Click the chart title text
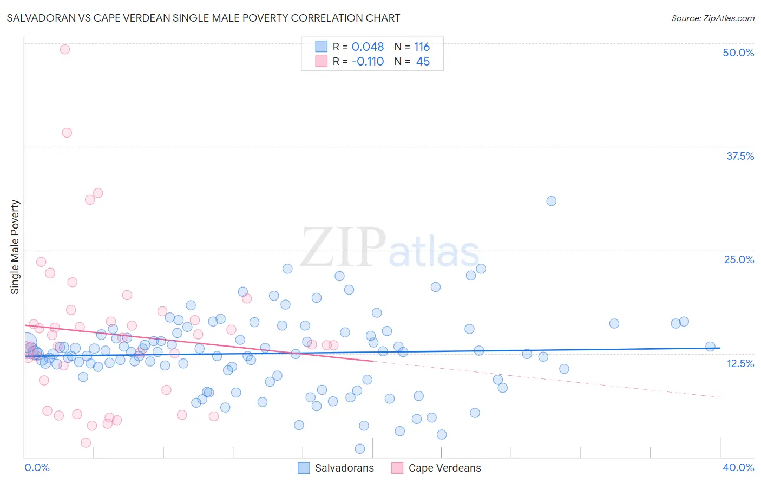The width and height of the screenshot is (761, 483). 203,18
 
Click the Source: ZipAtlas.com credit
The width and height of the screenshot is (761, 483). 712,18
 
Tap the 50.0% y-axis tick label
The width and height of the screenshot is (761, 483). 738,53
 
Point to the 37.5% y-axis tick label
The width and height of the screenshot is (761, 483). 740,156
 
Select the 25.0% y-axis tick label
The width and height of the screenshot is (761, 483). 739,259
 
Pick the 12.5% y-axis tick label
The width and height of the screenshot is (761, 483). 740,363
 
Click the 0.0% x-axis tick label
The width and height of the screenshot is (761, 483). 37,467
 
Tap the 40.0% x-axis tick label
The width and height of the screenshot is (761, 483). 738,467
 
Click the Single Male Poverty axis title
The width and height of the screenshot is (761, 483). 15,247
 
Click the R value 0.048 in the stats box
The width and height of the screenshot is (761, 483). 368,47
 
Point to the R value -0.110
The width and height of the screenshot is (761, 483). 368,62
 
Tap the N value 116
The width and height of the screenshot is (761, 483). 422,47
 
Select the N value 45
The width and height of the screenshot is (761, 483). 423,62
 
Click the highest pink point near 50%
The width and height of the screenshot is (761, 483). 65,49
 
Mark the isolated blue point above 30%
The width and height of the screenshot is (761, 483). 551,201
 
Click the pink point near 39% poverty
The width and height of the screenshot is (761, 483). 67,133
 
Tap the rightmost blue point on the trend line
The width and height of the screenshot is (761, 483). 710,347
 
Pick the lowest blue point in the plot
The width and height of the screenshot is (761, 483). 360,448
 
